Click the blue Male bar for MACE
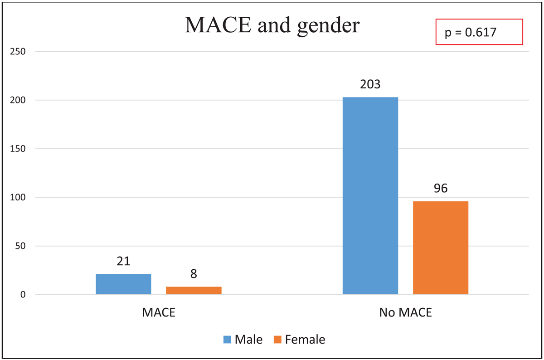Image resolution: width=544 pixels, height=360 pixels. pyautogui.click(x=123, y=284)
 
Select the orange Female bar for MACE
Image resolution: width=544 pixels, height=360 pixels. pyautogui.click(x=194, y=291)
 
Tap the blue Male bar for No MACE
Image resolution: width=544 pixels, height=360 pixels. pyautogui.click(x=370, y=196)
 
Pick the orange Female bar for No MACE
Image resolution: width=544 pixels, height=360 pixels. pyautogui.click(x=441, y=248)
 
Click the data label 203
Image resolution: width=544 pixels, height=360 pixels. pyautogui.click(x=370, y=84)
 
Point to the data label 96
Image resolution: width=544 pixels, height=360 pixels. pyautogui.click(x=441, y=188)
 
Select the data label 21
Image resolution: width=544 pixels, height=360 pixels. pyautogui.click(x=123, y=262)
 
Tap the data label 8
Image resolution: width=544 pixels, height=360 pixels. pyautogui.click(x=194, y=274)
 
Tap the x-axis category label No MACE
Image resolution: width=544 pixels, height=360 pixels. pyautogui.click(x=405, y=313)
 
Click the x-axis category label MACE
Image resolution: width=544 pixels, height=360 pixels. pyautogui.click(x=159, y=313)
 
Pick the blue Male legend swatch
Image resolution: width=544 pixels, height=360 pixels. pyautogui.click(x=227, y=340)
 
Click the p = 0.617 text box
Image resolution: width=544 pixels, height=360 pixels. pyautogui.click(x=479, y=32)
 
